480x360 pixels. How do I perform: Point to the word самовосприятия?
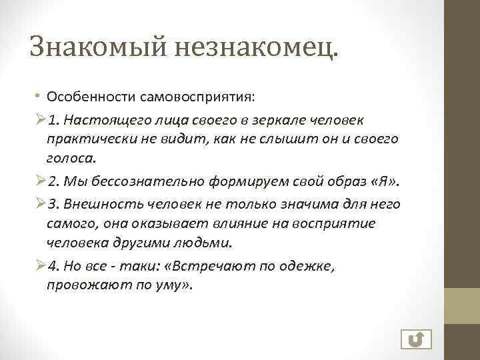coord(197,97)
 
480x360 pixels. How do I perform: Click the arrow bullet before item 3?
coord(39,203)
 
